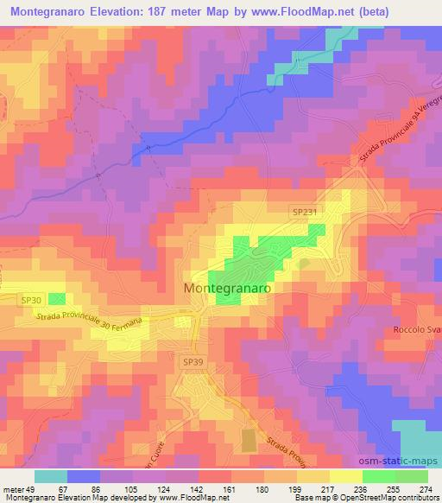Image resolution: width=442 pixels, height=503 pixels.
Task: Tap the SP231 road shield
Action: [303, 212]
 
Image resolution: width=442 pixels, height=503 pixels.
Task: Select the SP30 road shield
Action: [31, 299]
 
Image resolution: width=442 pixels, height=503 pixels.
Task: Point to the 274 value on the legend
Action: [426, 489]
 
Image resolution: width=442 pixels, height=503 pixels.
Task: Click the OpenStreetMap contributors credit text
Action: [398, 499]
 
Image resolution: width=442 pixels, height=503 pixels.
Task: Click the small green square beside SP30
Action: [57, 299]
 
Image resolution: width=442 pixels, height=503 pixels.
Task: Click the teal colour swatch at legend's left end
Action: [50, 476]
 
